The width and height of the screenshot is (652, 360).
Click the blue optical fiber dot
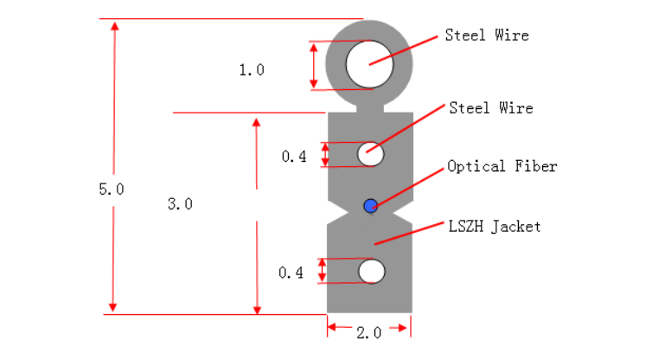coord(371,205)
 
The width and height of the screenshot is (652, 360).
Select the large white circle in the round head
coord(370,64)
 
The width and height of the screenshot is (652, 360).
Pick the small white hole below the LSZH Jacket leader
coord(372,271)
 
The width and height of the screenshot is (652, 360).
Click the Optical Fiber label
coord(502,166)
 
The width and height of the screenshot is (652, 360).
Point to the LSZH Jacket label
coord(494,227)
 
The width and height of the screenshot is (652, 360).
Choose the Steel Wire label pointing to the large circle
coord(487,35)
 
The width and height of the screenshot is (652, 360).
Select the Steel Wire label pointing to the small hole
coord(490,108)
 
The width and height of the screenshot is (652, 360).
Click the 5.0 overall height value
coord(112,189)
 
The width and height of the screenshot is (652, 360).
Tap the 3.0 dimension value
coord(180,204)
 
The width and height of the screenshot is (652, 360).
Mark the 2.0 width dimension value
coord(368,332)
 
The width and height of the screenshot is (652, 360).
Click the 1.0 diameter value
coord(252,70)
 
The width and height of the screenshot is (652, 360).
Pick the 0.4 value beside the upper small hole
coord(294,157)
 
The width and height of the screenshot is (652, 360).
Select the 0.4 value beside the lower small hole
coord(291,273)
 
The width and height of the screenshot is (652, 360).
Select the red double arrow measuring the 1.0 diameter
coord(313,65)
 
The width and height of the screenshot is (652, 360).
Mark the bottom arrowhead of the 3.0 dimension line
coord(256,306)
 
